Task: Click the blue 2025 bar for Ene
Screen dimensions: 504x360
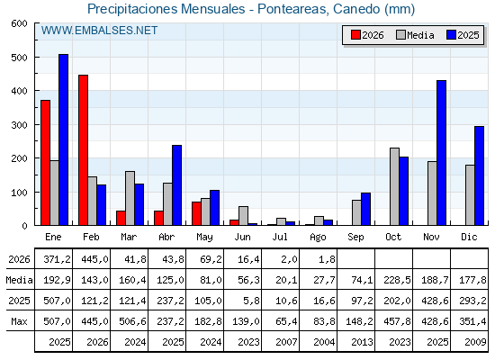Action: [63, 139]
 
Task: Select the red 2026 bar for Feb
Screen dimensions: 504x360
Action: [83, 150]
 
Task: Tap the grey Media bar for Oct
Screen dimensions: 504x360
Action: [394, 187]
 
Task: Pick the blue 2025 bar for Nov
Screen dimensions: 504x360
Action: [441, 153]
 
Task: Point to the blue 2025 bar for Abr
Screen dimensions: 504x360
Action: [176, 185]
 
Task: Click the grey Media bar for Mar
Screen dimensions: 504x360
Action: [130, 198]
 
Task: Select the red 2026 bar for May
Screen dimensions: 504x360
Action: [196, 214]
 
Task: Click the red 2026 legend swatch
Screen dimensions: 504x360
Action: [355, 35]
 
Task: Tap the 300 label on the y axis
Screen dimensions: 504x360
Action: [19, 125]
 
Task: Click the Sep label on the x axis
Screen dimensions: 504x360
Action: [355, 238]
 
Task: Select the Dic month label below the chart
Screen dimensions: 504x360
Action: [469, 237]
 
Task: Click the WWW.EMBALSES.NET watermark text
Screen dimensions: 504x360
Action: [99, 31]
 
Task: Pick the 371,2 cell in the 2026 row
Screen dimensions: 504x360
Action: [57, 259]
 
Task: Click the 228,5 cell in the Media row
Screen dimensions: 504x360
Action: [397, 280]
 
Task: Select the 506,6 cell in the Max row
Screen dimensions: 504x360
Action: [132, 321]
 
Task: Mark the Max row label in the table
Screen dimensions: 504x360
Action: [19, 321]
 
